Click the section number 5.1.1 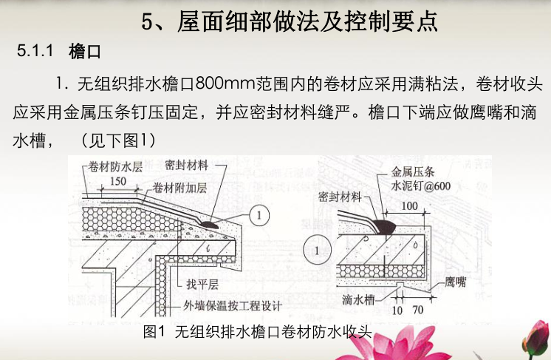click(36, 52)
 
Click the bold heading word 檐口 click(83, 52)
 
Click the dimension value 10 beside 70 click(397, 311)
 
